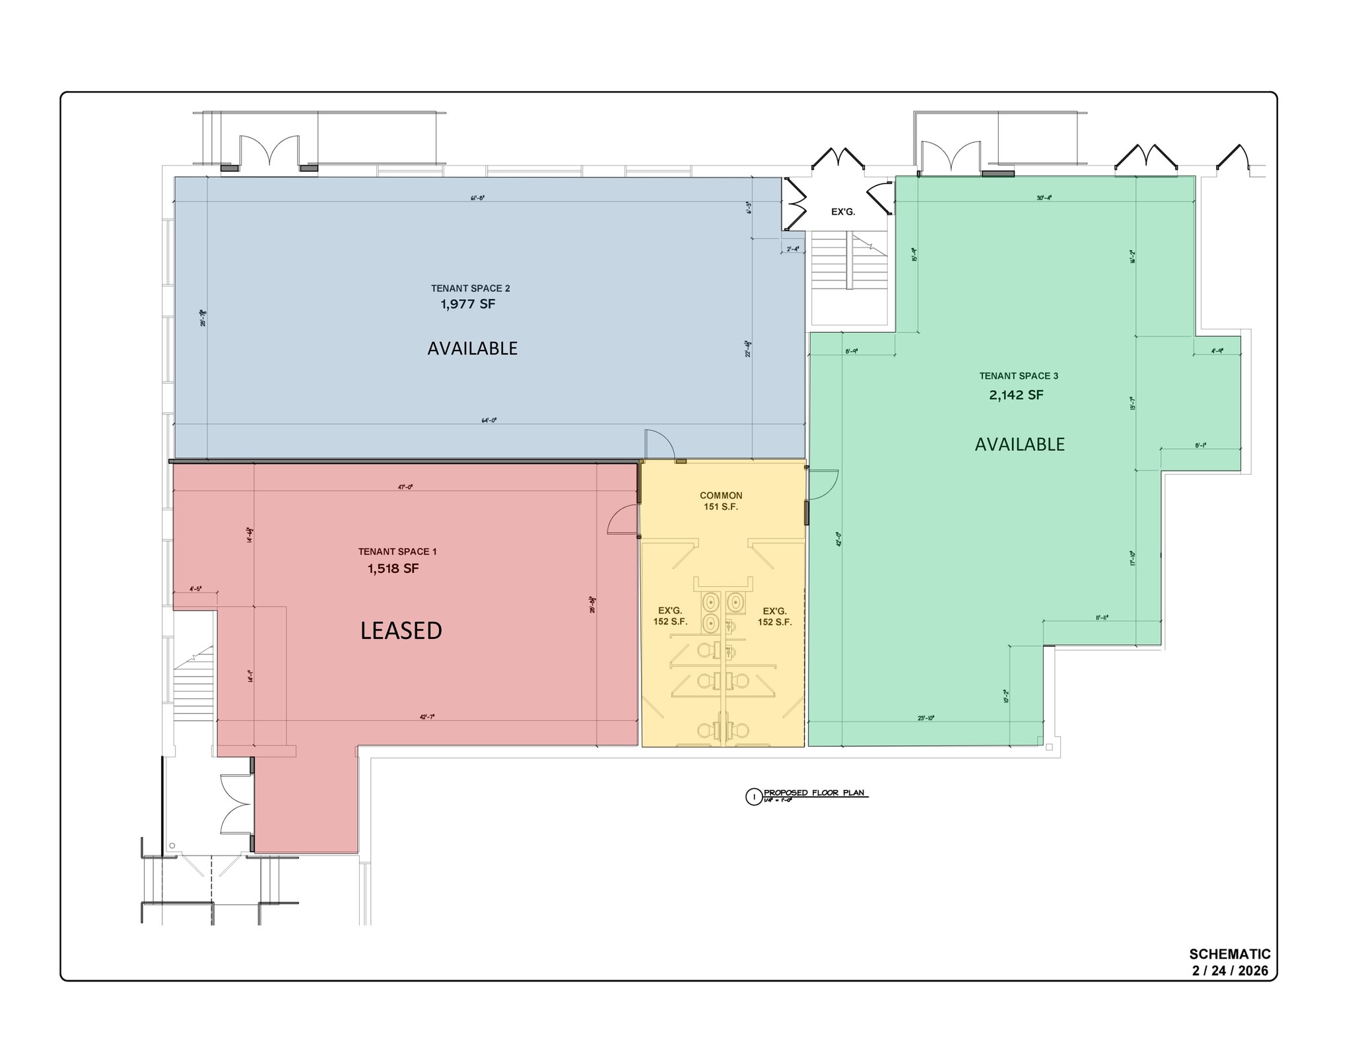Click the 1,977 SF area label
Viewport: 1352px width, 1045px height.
(467, 304)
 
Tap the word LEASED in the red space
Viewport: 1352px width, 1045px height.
(401, 631)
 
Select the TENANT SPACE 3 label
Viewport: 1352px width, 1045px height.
(1019, 376)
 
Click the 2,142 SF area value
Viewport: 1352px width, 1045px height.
(1016, 395)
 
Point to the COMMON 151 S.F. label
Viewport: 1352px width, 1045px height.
(721, 501)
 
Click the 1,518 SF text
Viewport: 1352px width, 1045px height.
(393, 568)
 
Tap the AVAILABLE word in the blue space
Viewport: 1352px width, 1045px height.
(472, 349)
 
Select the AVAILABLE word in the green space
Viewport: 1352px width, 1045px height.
(1019, 444)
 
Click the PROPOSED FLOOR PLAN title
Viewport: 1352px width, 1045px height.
(813, 793)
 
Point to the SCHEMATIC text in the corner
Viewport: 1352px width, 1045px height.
(1229, 955)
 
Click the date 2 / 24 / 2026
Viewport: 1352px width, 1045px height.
(1229, 971)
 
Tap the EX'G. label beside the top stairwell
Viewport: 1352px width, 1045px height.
(842, 212)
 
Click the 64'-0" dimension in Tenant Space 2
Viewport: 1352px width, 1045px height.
(489, 420)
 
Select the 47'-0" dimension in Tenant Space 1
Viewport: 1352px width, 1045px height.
(405, 487)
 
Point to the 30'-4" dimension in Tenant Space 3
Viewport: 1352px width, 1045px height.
(1044, 197)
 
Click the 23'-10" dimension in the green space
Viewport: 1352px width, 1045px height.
(926, 718)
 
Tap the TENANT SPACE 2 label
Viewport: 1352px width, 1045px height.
(470, 288)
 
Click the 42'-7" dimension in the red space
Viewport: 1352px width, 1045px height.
(427, 716)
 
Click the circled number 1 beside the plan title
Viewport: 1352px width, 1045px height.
(753, 797)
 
